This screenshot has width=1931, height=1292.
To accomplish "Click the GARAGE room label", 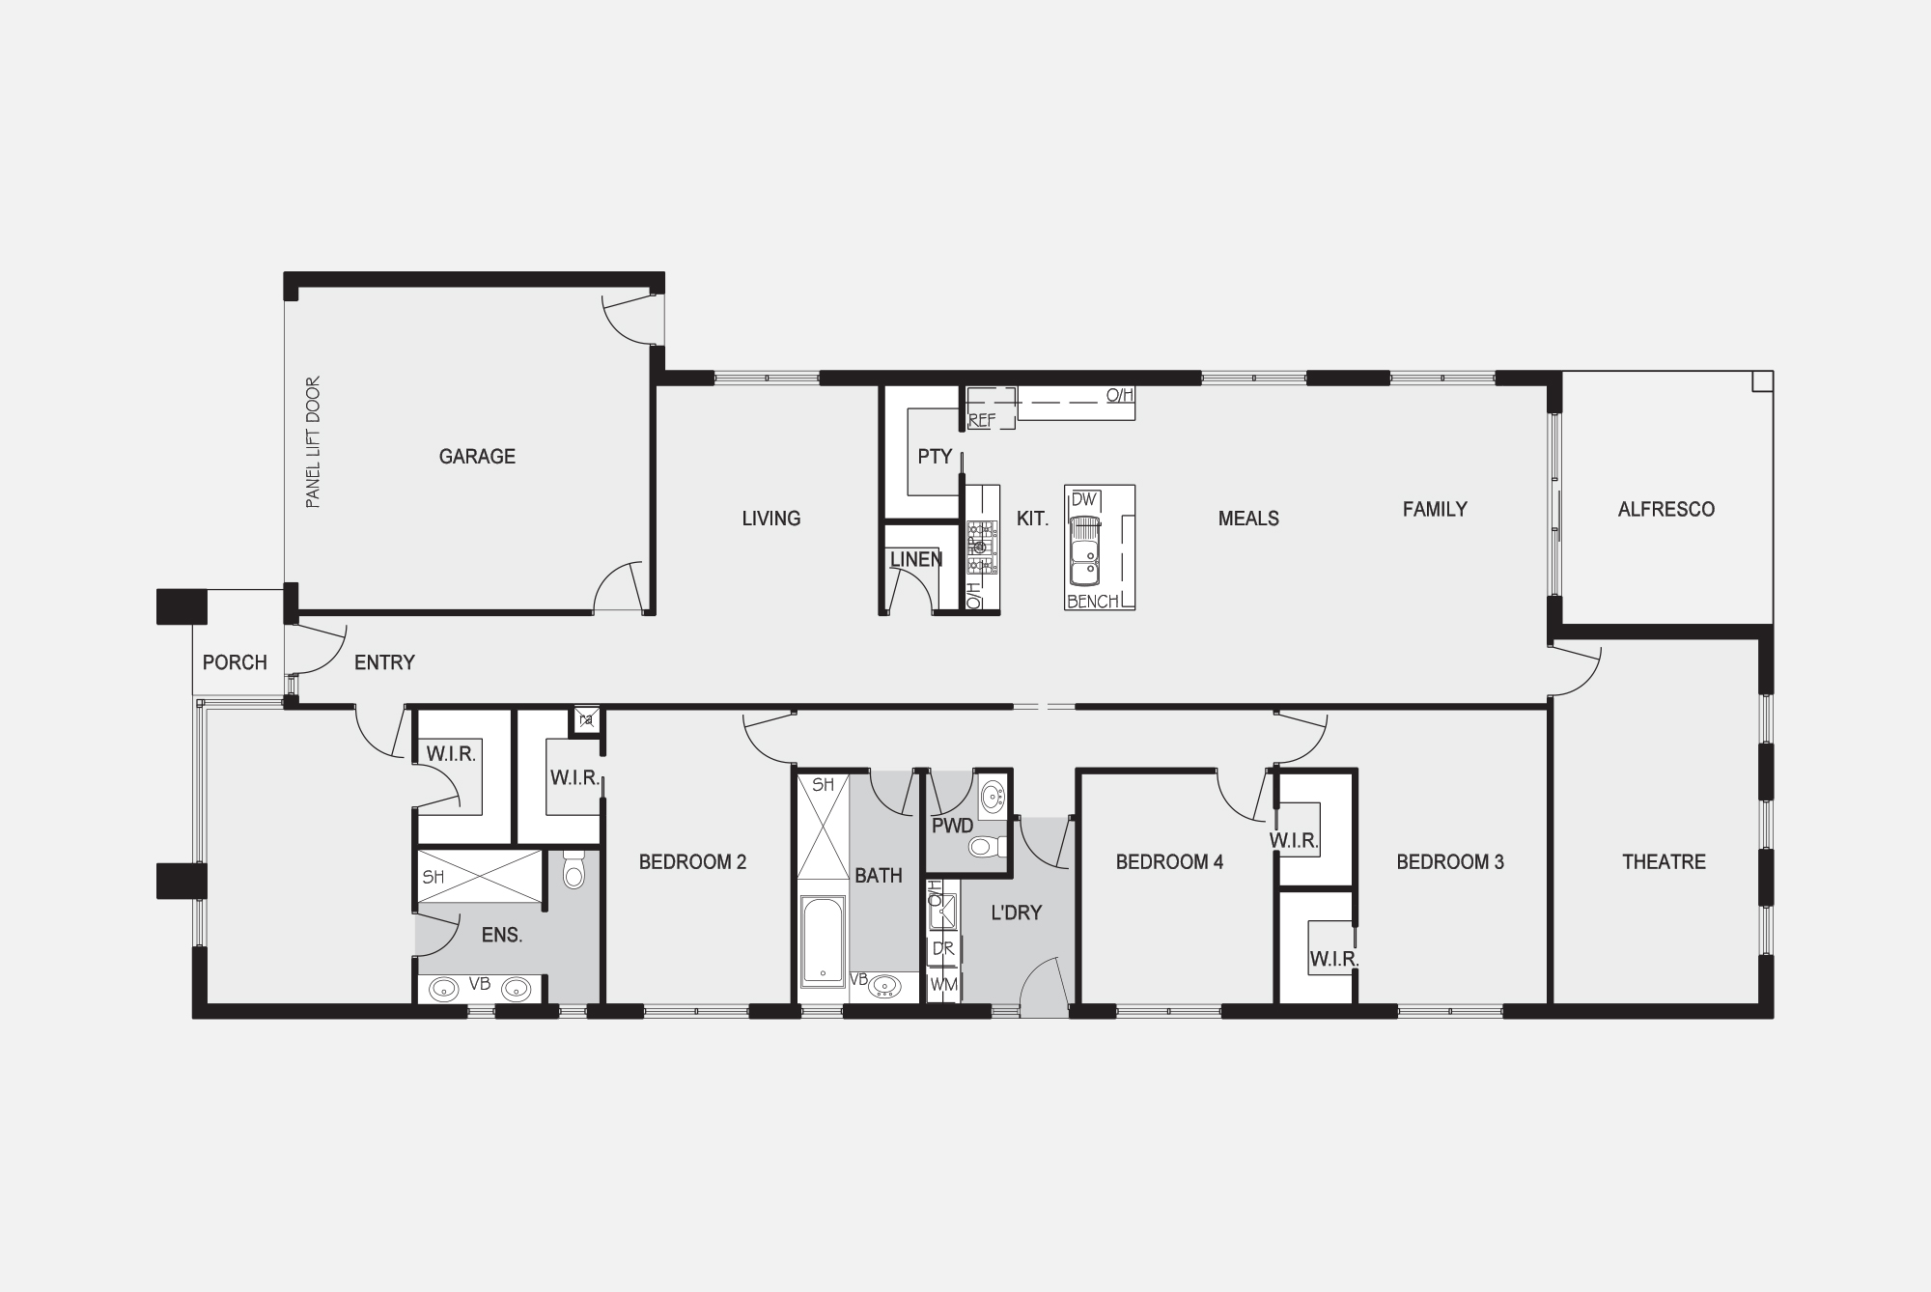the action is (477, 457).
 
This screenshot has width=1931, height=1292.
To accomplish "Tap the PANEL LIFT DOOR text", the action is (313, 442).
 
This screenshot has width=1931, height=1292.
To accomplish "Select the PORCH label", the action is (235, 662).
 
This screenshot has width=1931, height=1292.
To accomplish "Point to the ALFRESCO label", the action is (1666, 509).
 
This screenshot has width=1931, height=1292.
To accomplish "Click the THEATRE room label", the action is (1664, 861).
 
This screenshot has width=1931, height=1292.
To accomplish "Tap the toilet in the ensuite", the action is (574, 869).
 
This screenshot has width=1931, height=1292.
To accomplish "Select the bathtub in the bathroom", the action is (823, 941).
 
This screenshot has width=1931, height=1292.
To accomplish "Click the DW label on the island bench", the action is (1084, 499).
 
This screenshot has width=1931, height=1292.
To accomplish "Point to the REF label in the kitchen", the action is (982, 420).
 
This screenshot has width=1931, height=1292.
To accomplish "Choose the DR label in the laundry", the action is (943, 949).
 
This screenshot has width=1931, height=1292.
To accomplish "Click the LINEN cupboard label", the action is (916, 559).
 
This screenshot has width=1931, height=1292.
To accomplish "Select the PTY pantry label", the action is (935, 457).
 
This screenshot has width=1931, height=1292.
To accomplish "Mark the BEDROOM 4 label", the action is (1169, 861).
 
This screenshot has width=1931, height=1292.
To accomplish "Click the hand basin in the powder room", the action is (992, 798).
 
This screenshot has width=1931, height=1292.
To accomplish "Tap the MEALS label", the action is (1248, 519).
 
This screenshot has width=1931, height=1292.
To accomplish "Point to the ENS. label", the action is (502, 935).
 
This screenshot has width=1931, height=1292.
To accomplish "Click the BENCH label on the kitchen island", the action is (1093, 601).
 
